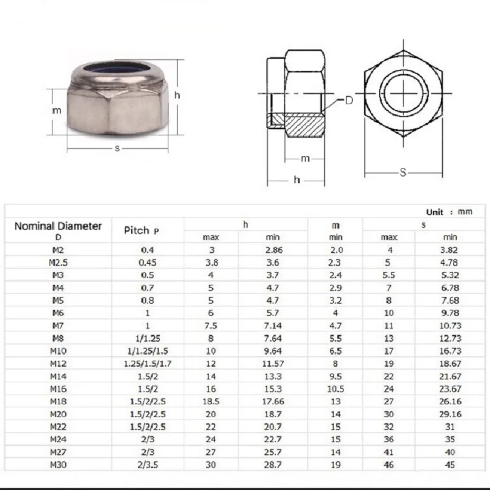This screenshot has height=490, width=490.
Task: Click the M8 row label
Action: [58, 338]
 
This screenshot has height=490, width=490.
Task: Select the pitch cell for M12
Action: [148, 363]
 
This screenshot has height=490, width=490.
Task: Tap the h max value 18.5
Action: [211, 401]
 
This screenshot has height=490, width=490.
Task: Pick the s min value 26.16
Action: [450, 401]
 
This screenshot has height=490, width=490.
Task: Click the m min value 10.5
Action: [335, 389]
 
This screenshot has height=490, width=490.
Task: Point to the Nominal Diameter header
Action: [58, 226]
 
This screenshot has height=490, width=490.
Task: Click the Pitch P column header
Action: [141, 230]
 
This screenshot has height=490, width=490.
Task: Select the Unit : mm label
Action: [449, 212]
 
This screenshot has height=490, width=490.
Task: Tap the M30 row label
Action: [58, 464]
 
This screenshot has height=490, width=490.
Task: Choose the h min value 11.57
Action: [273, 363]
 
